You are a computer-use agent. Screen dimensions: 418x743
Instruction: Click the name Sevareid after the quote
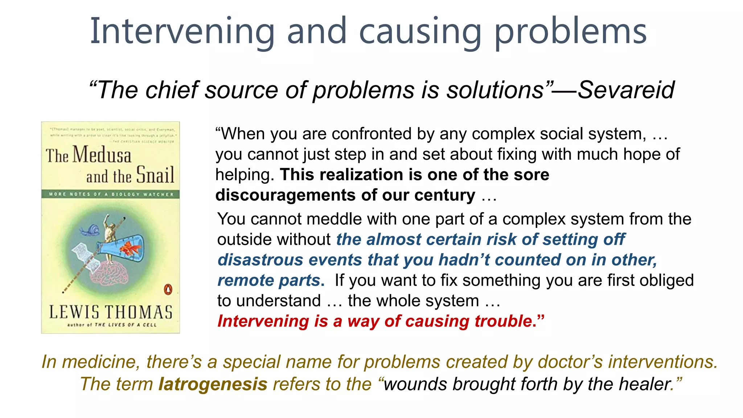pyautogui.click(x=626, y=90)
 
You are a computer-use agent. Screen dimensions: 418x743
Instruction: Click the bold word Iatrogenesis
pyautogui.click(x=213, y=384)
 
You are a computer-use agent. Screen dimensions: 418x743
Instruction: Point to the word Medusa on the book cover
pyautogui.click(x=102, y=155)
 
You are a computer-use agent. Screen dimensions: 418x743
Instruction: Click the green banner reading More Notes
pyautogui.click(x=111, y=194)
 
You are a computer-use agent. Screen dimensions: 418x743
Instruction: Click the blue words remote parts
pyautogui.click(x=270, y=280)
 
